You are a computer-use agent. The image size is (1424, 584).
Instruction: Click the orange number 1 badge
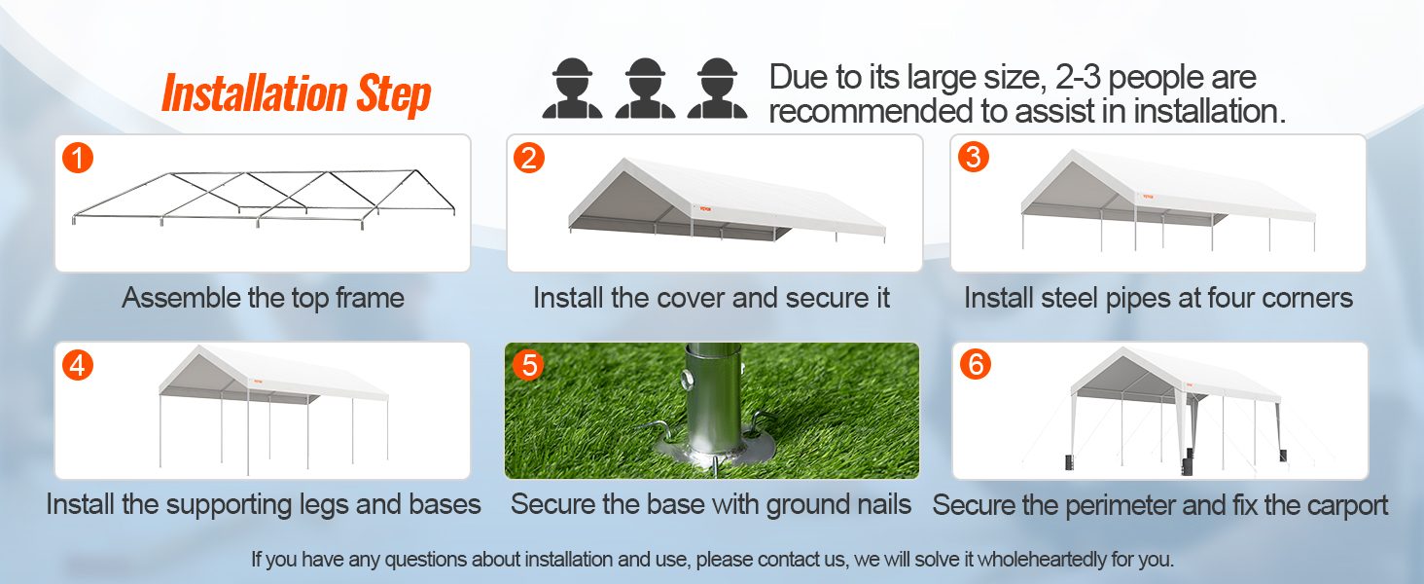[x=78, y=157]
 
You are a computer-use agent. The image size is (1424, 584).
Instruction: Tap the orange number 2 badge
[x=528, y=157]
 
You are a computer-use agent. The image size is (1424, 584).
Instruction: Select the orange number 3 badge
[x=973, y=157]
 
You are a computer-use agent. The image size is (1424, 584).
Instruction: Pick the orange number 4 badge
[x=78, y=364]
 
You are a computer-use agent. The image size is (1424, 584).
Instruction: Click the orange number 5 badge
[x=528, y=365]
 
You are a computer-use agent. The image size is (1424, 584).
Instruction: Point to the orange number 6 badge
[x=975, y=364]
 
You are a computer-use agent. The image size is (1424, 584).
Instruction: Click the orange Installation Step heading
[x=296, y=94]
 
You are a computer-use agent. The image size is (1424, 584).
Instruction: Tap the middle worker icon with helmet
[x=645, y=90]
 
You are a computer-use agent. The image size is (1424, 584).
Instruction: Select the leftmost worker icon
[x=572, y=90]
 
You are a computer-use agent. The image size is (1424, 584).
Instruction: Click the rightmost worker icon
[x=718, y=90]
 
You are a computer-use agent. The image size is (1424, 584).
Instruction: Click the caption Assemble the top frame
[x=263, y=298]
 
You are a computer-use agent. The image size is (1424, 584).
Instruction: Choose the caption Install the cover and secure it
[x=711, y=298]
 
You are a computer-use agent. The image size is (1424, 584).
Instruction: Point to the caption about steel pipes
[x=1157, y=298]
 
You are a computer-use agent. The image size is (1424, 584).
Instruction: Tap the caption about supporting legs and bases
[x=264, y=504]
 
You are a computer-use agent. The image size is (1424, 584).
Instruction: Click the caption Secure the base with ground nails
[x=711, y=504]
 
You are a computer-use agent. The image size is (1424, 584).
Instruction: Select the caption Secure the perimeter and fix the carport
[x=1159, y=505]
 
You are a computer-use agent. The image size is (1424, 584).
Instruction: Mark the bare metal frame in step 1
[x=263, y=200]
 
